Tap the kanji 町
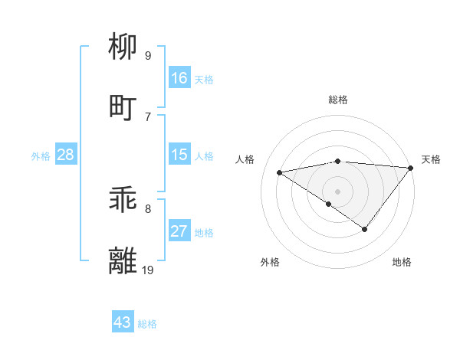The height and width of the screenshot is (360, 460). [x=124, y=107]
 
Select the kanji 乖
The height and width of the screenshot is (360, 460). [x=124, y=201]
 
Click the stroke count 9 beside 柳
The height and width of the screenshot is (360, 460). [x=148, y=56]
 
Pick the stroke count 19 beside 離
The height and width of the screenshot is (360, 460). [x=148, y=270]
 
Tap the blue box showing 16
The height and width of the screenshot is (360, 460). [x=179, y=77]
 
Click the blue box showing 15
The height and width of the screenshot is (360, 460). [x=179, y=154]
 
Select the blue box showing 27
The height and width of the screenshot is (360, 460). [x=179, y=231]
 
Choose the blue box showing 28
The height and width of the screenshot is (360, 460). [x=66, y=155]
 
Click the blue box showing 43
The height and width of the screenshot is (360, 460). [x=123, y=322]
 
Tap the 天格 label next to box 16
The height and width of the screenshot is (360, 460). [x=203, y=80]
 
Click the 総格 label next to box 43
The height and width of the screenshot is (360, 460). [x=147, y=324]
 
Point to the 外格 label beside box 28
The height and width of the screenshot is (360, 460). [x=41, y=156]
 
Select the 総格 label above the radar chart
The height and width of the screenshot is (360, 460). [x=338, y=100]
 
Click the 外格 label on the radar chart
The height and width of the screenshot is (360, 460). [x=270, y=263]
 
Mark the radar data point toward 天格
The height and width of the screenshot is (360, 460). [x=411, y=169]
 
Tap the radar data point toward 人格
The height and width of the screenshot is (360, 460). [x=279, y=172]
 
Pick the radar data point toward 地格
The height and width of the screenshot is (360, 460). [x=365, y=229]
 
